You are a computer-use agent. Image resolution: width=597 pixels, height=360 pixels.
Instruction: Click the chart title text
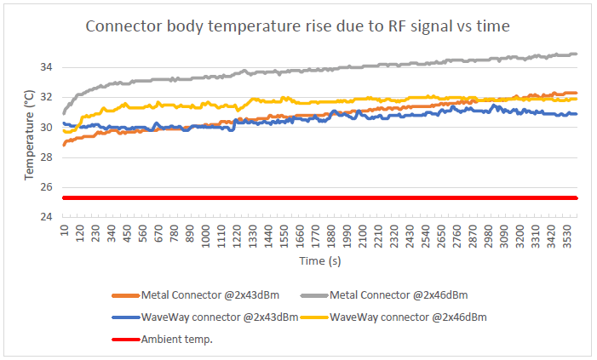pos(298,26)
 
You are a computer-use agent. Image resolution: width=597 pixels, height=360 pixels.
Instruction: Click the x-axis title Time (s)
pos(320,260)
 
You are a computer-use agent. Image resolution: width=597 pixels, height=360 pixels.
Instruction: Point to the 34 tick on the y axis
pos(47,67)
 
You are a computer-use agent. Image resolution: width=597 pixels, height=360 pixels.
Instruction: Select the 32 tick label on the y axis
pos(47,97)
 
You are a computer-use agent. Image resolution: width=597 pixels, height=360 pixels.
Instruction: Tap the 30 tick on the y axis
pos(47,128)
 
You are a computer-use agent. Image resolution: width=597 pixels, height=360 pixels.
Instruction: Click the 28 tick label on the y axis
pos(47,157)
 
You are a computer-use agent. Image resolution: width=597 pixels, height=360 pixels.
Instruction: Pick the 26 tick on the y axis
pos(47,187)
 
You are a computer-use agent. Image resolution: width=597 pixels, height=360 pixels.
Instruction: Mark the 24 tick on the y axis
pos(47,217)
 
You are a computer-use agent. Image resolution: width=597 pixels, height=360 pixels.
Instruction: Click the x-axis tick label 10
pos(65,230)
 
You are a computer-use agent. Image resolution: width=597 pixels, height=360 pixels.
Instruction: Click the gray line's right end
pos(577,54)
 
